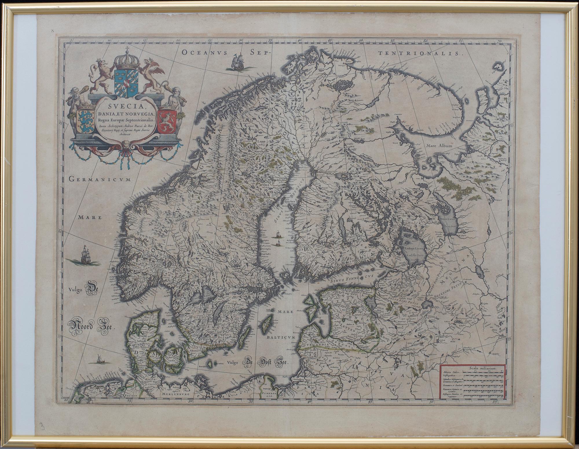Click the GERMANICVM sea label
point(100,179)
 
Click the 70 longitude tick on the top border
point(499,42)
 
